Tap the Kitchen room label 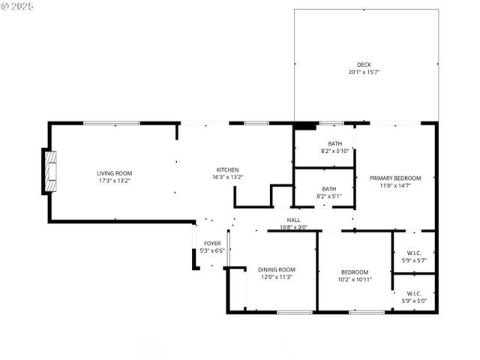[x=227, y=169]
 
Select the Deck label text [x=364, y=64]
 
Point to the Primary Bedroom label [x=395, y=178]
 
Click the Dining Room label [x=276, y=270]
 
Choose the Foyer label [x=212, y=243]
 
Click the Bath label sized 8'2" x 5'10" [x=334, y=143]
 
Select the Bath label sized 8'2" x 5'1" [x=329, y=189]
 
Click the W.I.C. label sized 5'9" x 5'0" [x=414, y=293]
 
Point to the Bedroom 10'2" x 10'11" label [x=355, y=271]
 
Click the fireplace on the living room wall [x=49, y=172]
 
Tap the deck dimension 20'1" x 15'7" [x=364, y=72]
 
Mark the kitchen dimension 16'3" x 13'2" [x=227, y=177]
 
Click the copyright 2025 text [x=18, y=6]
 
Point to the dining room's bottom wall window [x=295, y=312]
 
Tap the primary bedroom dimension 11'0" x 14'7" [x=395, y=185]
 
